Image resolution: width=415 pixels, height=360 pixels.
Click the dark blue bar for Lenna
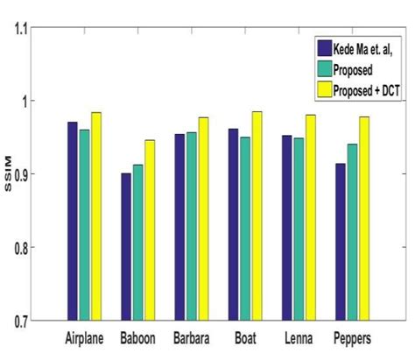coord(286,228)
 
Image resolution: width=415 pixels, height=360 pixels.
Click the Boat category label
coord(245,337)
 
